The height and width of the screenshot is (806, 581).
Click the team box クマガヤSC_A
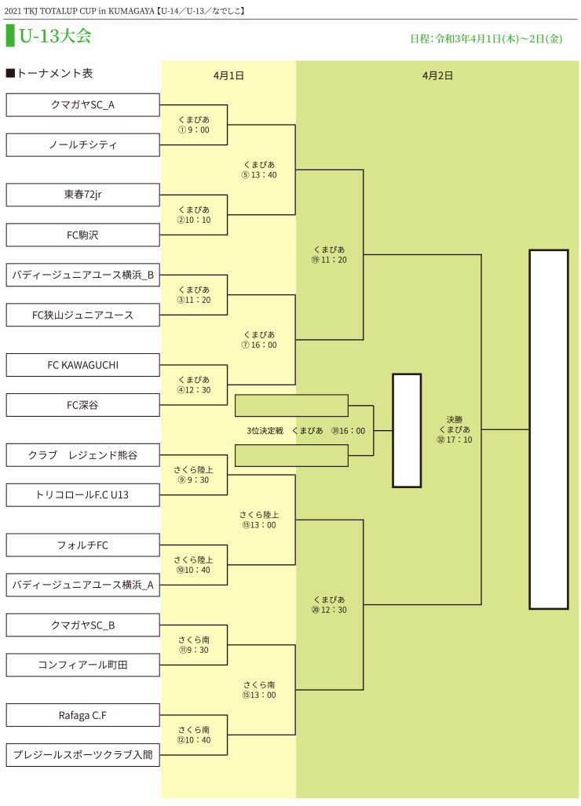82,104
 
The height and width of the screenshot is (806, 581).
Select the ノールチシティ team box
82,144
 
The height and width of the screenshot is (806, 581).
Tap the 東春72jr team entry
82,195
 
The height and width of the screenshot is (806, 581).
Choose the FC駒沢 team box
82,235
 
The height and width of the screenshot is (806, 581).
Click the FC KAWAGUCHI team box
82,365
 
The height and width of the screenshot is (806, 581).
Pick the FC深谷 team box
82,405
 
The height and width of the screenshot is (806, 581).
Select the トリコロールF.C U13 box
82,495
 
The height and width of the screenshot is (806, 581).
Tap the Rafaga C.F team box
82,715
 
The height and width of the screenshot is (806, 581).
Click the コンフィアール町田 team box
82,665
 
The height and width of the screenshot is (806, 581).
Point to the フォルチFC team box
82,545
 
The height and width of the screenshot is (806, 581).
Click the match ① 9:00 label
194,125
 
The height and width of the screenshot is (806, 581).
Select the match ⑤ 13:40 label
259,170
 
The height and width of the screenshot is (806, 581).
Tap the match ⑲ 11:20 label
329,254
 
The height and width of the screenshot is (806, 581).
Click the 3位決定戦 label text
265,431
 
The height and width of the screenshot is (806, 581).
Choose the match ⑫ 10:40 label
194,735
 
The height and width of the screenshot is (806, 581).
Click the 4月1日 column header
228,75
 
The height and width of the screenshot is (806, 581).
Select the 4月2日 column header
437,75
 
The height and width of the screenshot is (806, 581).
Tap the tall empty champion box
548,429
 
